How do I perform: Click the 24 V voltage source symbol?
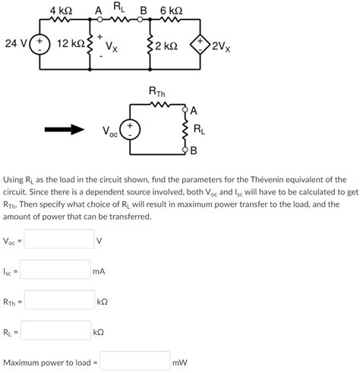[39, 45]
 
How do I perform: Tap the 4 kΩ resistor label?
[61, 10]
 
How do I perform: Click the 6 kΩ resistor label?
[171, 10]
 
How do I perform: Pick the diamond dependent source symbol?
[201, 45]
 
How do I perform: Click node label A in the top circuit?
[97, 11]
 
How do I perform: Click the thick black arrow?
[65, 130]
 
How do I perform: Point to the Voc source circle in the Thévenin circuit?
[131, 130]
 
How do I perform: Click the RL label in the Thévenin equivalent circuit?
[199, 129]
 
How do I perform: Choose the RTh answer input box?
[59, 301]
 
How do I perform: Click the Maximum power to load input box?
[134, 362]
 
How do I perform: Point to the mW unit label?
[180, 362]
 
